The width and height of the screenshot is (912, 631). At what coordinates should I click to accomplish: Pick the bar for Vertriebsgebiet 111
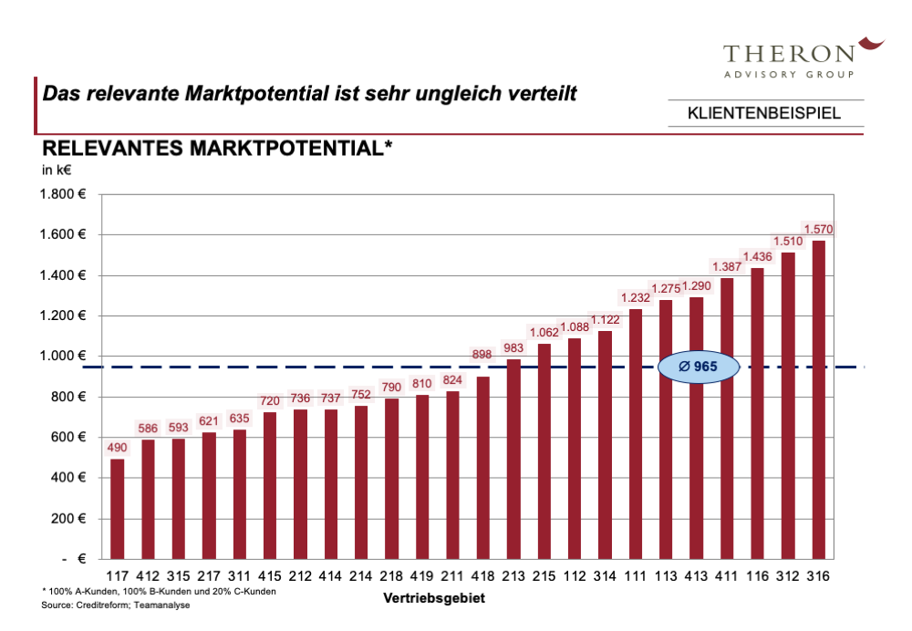(x=636, y=433)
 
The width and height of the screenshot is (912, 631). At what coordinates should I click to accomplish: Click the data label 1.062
(x=544, y=332)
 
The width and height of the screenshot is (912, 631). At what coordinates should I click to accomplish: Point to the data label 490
(x=117, y=448)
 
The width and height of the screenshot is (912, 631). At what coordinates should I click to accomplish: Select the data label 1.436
(x=757, y=256)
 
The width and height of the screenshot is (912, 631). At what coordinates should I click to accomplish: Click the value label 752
(x=360, y=395)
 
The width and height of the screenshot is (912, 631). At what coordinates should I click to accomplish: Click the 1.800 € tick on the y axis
(x=63, y=194)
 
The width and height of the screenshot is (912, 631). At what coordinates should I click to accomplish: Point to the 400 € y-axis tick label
(x=63, y=478)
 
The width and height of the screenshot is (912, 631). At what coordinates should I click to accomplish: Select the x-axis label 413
(x=697, y=576)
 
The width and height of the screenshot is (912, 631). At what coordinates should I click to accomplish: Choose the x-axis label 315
(x=178, y=576)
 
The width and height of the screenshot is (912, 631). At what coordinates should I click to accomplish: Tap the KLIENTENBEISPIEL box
(x=764, y=114)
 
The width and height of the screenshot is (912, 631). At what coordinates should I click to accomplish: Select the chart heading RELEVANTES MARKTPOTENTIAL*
(x=218, y=149)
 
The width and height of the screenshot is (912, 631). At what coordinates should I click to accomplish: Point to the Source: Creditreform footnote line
(x=115, y=605)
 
